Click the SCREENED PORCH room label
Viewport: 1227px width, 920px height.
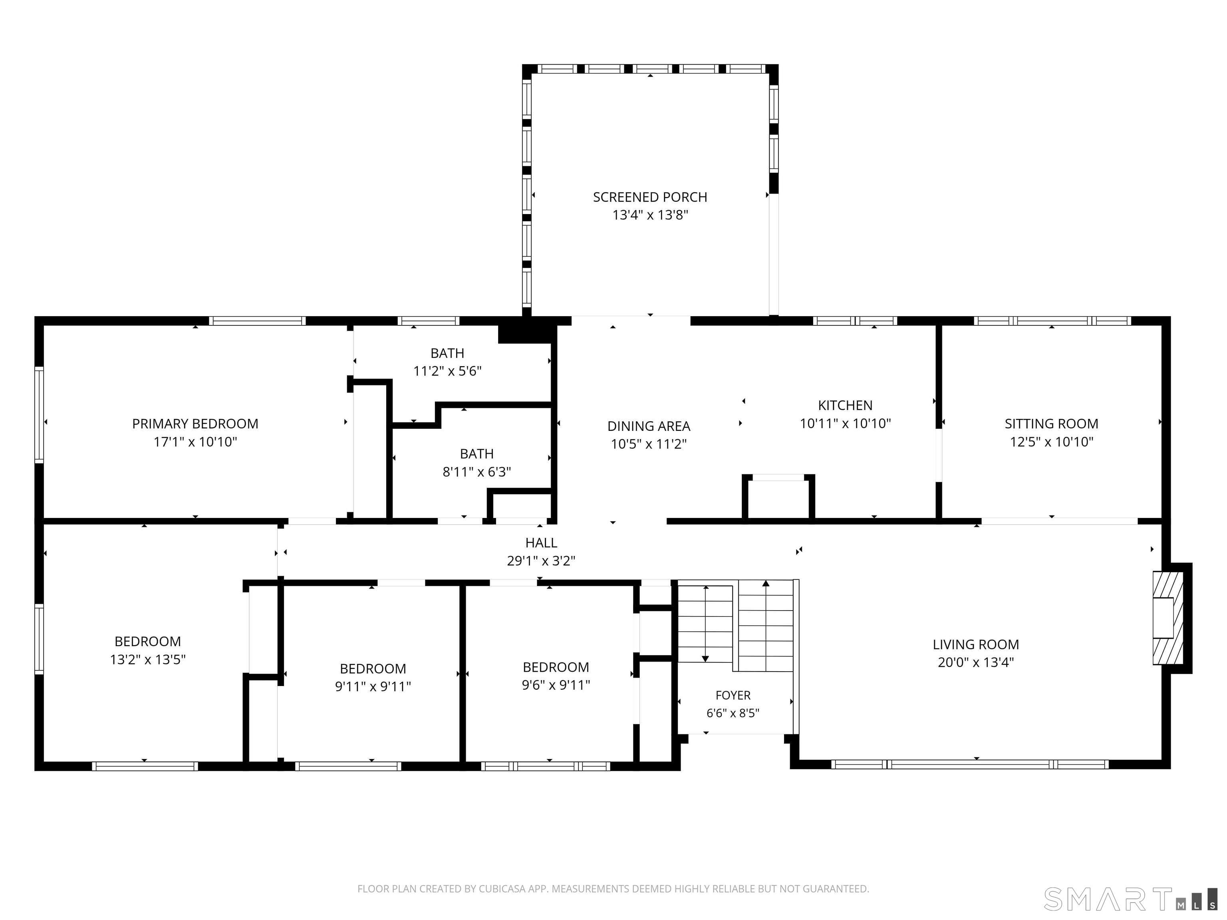[x=650, y=197]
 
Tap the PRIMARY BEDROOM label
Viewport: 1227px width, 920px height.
[x=195, y=424]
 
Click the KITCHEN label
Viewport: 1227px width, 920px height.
[x=845, y=405]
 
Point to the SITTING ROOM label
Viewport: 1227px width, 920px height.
[x=1051, y=424]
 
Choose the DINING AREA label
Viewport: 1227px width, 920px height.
[x=648, y=426]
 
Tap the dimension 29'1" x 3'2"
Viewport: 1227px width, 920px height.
[x=541, y=561]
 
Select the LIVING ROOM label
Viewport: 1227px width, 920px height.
[x=976, y=644]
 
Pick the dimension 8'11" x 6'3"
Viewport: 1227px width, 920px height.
[x=477, y=472]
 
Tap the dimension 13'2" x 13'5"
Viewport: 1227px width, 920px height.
[x=147, y=659]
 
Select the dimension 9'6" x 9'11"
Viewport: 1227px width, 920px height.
[x=556, y=685]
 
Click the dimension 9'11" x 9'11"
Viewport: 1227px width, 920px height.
[x=373, y=686]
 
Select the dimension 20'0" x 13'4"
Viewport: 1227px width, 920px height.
[x=976, y=662]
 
